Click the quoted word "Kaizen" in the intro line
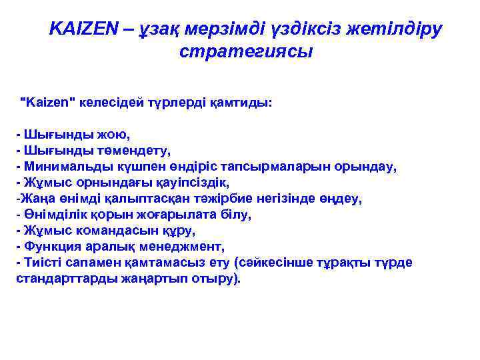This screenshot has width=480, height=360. click(x=49, y=103)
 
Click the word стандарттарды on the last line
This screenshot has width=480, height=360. click(x=57, y=279)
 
